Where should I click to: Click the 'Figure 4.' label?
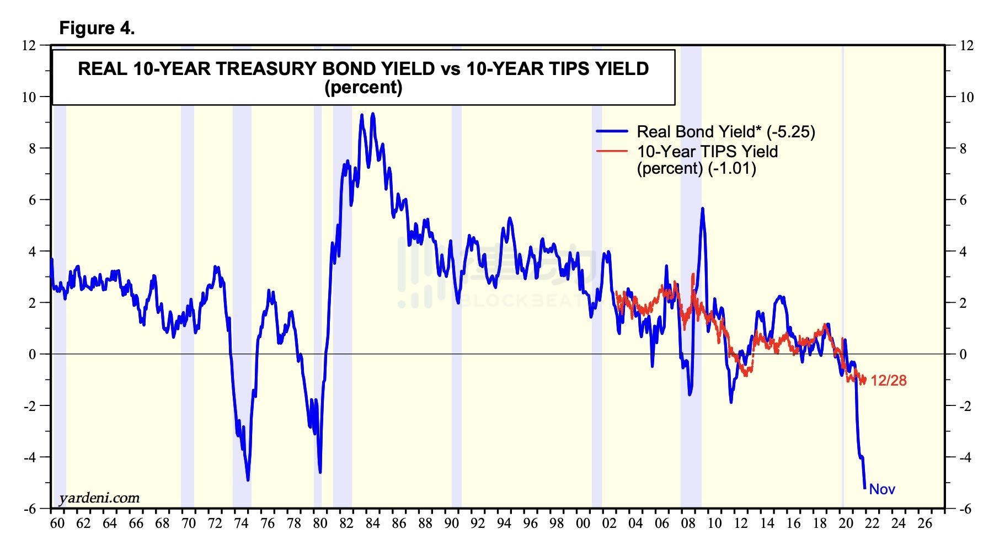click(x=97, y=28)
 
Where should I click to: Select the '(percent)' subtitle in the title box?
click(x=364, y=88)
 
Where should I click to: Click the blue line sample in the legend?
click(x=612, y=132)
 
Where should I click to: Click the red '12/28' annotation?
click(x=888, y=381)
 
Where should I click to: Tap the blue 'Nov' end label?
click(x=882, y=489)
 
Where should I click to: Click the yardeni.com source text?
click(x=99, y=498)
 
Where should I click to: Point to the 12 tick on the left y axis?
click(x=29, y=45)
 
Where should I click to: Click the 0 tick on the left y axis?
click(x=32, y=354)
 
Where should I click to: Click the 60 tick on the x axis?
click(x=57, y=523)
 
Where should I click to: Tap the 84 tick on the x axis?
click(x=373, y=523)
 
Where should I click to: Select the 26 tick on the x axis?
click(x=925, y=523)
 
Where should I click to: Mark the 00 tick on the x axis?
click(x=583, y=523)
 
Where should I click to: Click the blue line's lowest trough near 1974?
click(x=248, y=480)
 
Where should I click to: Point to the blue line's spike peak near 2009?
click(x=702, y=209)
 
